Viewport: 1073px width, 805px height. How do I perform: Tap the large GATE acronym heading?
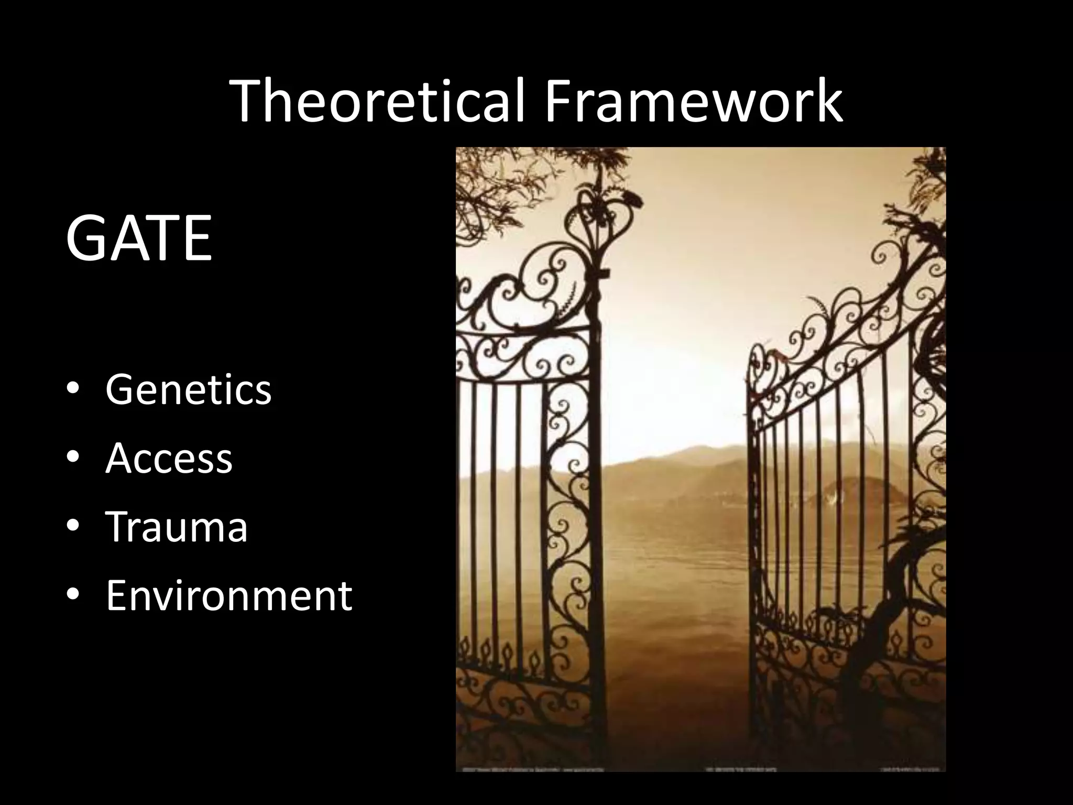pos(139,238)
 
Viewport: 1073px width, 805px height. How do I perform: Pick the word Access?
pos(169,458)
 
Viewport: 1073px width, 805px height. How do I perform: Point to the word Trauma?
pos(177,526)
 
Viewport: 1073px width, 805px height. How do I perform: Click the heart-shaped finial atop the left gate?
pos(608,220)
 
